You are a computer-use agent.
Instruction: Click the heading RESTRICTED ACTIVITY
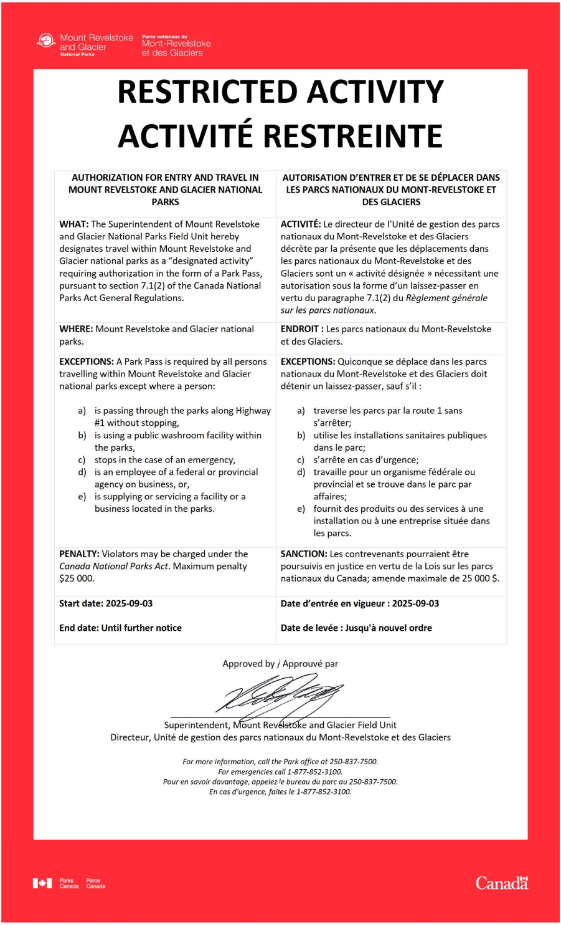point(280,92)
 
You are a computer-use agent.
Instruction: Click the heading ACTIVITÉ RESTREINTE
point(280,136)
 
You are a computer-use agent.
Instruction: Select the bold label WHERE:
point(76,329)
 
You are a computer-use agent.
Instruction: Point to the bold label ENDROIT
point(299,329)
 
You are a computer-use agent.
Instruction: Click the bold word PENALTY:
point(79,554)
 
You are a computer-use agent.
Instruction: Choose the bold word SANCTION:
point(304,554)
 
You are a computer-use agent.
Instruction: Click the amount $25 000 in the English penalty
point(77,578)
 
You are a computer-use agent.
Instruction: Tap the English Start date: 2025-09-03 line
point(106,603)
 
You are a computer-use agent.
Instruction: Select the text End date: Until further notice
point(120,628)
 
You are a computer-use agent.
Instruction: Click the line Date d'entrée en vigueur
point(359,603)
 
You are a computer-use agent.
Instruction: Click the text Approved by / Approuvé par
point(280,664)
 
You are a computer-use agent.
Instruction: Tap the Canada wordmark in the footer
point(501,883)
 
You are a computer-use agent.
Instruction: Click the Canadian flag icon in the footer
point(42,883)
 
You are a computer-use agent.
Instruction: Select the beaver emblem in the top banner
point(46,42)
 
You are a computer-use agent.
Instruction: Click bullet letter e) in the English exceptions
point(82,497)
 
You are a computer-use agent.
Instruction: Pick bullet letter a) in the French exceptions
point(301,411)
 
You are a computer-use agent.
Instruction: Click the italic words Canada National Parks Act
point(113,567)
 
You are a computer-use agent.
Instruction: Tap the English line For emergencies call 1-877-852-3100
point(280,772)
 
